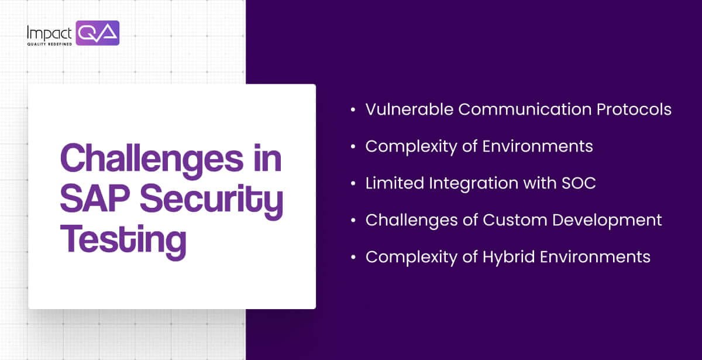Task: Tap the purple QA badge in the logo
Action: [x=97, y=33]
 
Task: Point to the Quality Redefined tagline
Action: [x=50, y=44]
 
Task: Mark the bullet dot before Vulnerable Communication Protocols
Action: [x=352, y=110]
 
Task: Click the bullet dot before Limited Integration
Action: [x=352, y=184]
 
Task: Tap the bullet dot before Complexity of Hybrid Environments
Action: [x=352, y=258]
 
